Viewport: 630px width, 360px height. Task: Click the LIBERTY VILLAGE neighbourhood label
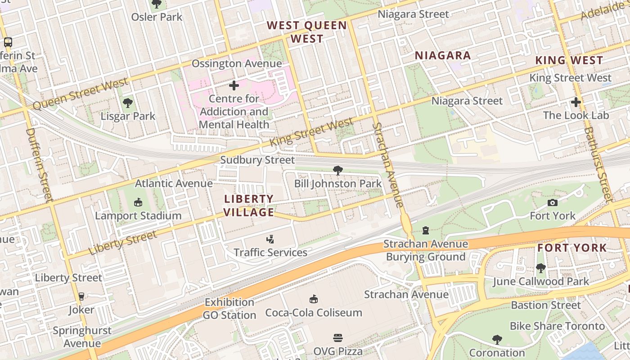[x=249, y=205]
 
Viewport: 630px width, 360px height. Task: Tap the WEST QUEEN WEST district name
[x=307, y=32]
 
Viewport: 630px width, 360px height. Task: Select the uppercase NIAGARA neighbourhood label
[x=442, y=55]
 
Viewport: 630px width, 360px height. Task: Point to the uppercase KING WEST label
[x=569, y=60]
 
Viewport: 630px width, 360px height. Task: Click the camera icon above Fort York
[x=552, y=203]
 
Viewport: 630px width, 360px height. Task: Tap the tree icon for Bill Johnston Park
[x=337, y=171]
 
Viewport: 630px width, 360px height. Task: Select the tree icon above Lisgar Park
[x=128, y=103]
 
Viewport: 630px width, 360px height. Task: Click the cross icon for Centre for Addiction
[x=234, y=85]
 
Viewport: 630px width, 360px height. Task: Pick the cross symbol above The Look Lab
[x=576, y=102]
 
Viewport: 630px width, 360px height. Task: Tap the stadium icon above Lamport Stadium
[x=138, y=202]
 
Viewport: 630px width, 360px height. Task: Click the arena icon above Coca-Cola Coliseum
[x=314, y=299]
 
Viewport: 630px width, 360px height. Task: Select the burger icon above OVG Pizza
[x=338, y=337]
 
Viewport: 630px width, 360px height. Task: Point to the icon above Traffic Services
[x=270, y=239]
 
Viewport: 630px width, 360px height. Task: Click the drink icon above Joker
[x=81, y=297]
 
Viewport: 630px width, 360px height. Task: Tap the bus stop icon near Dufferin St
[x=8, y=42]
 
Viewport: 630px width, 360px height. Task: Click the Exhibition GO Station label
[x=229, y=308]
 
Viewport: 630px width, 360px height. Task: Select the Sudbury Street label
[x=257, y=160]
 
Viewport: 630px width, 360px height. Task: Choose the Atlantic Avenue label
[x=174, y=183]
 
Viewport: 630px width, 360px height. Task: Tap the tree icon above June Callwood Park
[x=540, y=268]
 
